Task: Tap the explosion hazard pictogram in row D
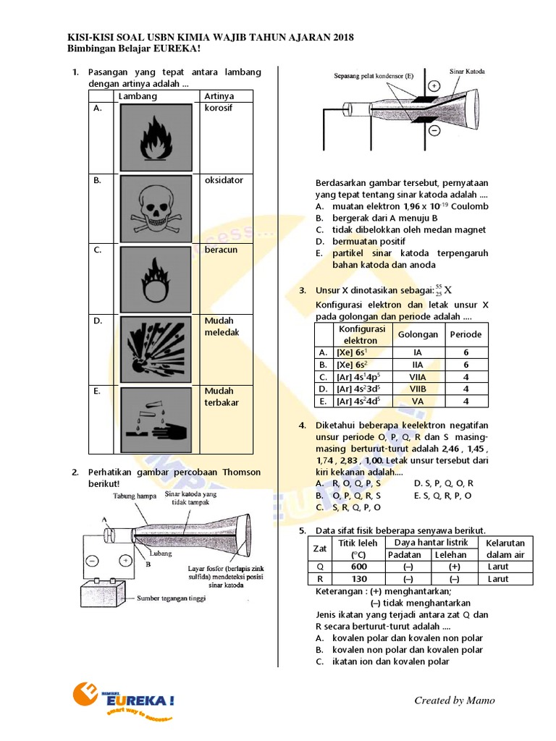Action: tap(156, 346)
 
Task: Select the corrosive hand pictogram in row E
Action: tap(156, 416)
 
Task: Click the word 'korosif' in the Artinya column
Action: tap(219, 107)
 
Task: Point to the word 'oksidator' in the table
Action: tap(224, 180)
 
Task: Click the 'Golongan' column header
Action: tap(418, 334)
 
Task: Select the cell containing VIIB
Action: tap(418, 389)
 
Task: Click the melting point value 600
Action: tap(359, 567)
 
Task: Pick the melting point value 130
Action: tap(359, 579)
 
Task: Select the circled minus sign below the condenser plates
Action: tap(434, 130)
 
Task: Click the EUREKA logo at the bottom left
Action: tap(124, 700)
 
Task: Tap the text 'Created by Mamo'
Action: tap(455, 700)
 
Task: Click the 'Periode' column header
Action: tap(465, 334)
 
